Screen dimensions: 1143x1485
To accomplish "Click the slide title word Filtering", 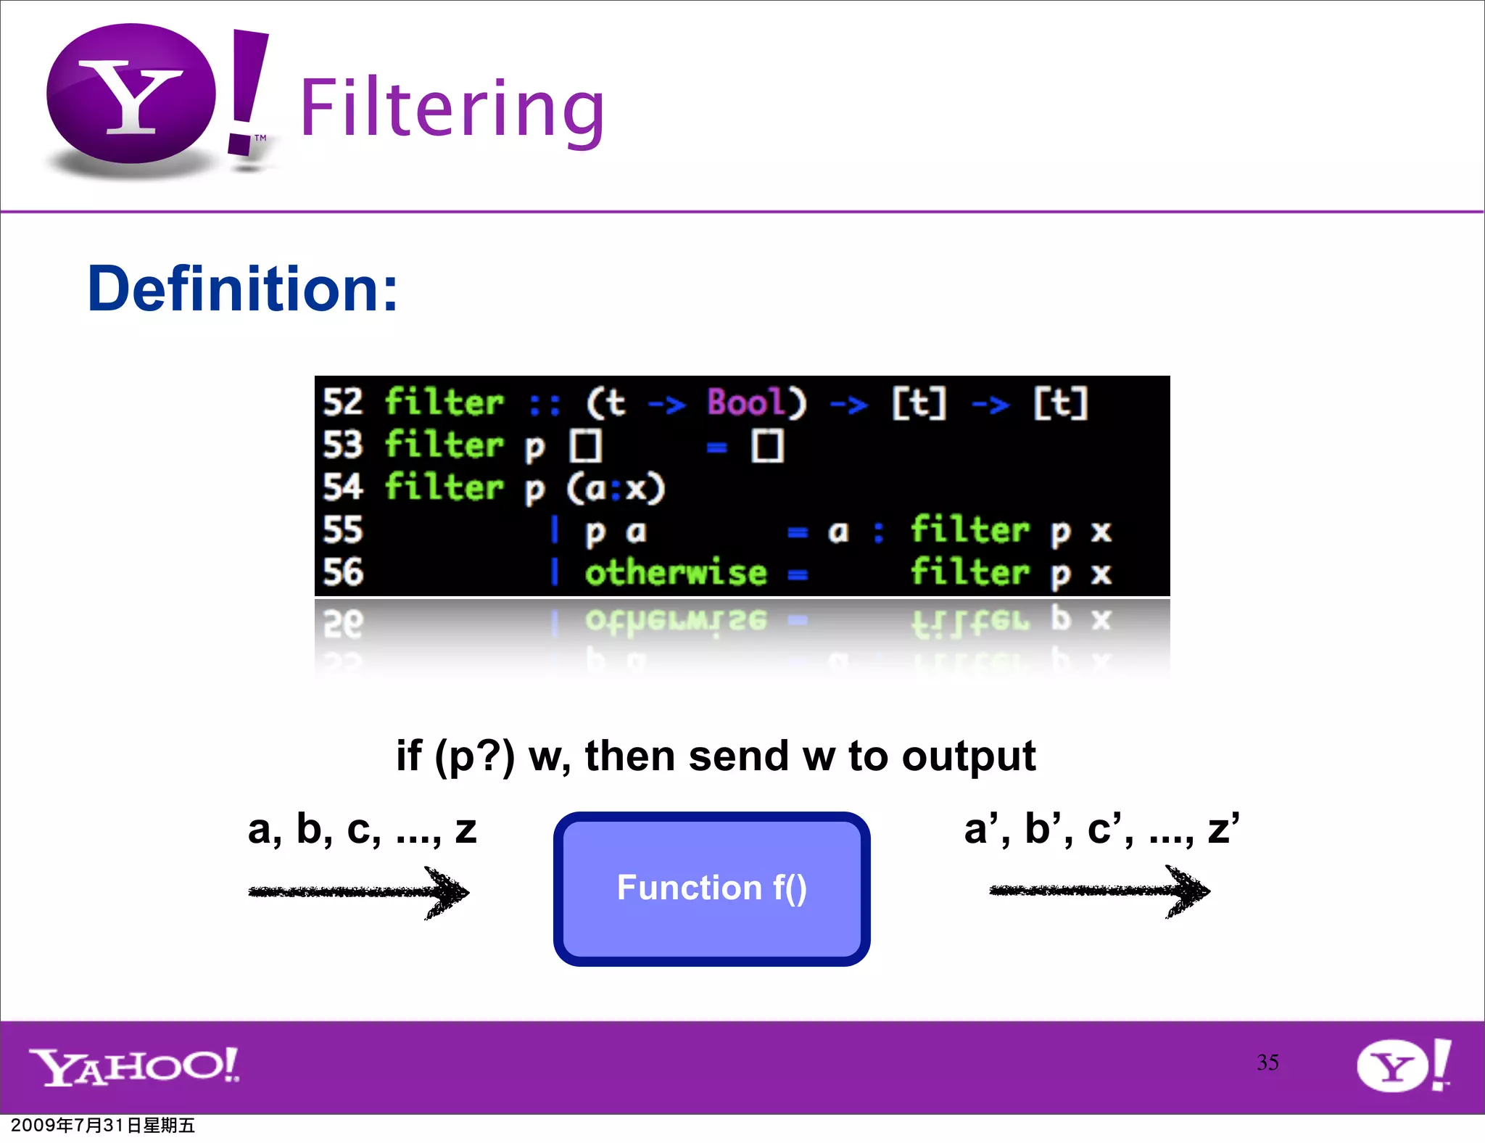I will [x=451, y=109].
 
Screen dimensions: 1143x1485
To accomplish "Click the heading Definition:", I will [x=242, y=289].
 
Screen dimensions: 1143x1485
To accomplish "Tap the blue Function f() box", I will [x=711, y=888].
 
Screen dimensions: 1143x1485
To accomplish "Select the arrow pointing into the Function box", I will [x=359, y=892].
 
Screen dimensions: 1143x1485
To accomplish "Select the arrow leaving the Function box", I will [x=1099, y=891].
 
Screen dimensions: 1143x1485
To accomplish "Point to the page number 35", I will [x=1267, y=1062].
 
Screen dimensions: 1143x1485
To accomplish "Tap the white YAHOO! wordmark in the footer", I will [x=134, y=1066].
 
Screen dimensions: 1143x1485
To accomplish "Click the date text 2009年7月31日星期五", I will [x=103, y=1125].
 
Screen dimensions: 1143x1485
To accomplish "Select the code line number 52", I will [x=342, y=403].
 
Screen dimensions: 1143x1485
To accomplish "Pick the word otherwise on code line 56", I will [x=675, y=573].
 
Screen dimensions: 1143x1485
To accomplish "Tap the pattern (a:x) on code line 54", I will [x=615, y=488].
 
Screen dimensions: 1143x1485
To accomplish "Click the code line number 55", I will [x=342, y=530].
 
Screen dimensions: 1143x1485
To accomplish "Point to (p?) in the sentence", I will [x=474, y=757].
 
